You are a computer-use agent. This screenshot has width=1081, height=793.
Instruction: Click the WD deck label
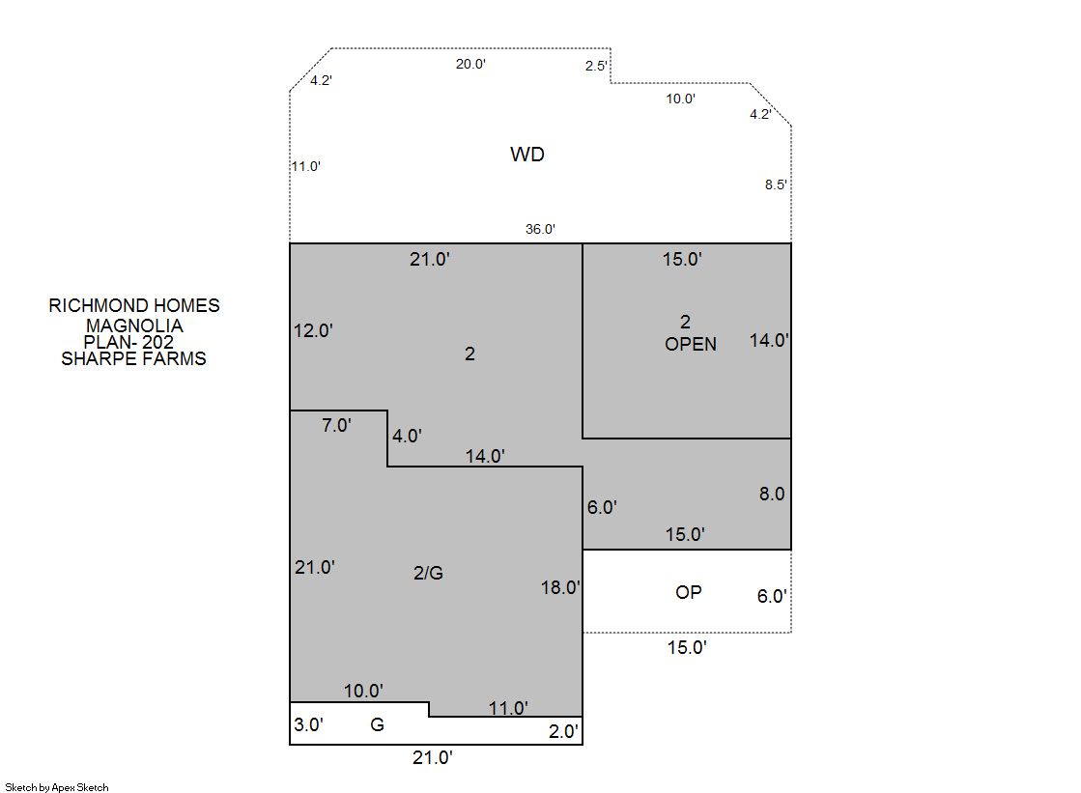[527, 154]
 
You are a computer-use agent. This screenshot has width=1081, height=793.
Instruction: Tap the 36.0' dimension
[541, 229]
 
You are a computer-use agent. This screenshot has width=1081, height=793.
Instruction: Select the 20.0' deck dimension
[470, 64]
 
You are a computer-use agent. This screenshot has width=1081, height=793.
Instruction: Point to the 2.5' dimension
[596, 66]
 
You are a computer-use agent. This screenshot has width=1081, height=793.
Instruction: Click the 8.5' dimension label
[776, 184]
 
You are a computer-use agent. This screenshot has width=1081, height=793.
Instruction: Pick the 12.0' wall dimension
[314, 331]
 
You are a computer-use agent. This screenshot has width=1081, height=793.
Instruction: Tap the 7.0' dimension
[336, 425]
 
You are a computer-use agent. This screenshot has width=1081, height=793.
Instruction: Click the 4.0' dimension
[407, 436]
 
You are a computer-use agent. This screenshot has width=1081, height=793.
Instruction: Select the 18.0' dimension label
[560, 587]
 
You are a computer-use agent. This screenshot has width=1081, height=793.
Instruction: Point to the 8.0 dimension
[772, 494]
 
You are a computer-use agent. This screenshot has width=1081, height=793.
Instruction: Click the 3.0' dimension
[309, 724]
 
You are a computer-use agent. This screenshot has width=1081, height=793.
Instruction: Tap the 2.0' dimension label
[563, 731]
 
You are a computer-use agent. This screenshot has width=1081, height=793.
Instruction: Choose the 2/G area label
[428, 573]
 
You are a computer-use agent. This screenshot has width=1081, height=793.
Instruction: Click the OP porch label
[689, 592]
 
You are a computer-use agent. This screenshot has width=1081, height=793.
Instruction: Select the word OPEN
[691, 344]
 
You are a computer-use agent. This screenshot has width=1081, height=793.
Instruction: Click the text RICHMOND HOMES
[134, 305]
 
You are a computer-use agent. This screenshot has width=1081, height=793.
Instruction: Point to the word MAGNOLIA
[134, 326]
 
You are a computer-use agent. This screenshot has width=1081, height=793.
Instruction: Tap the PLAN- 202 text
[128, 342]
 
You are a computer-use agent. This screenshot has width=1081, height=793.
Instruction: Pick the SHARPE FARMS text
[133, 358]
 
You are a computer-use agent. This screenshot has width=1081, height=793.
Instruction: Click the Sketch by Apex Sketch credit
[57, 787]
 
